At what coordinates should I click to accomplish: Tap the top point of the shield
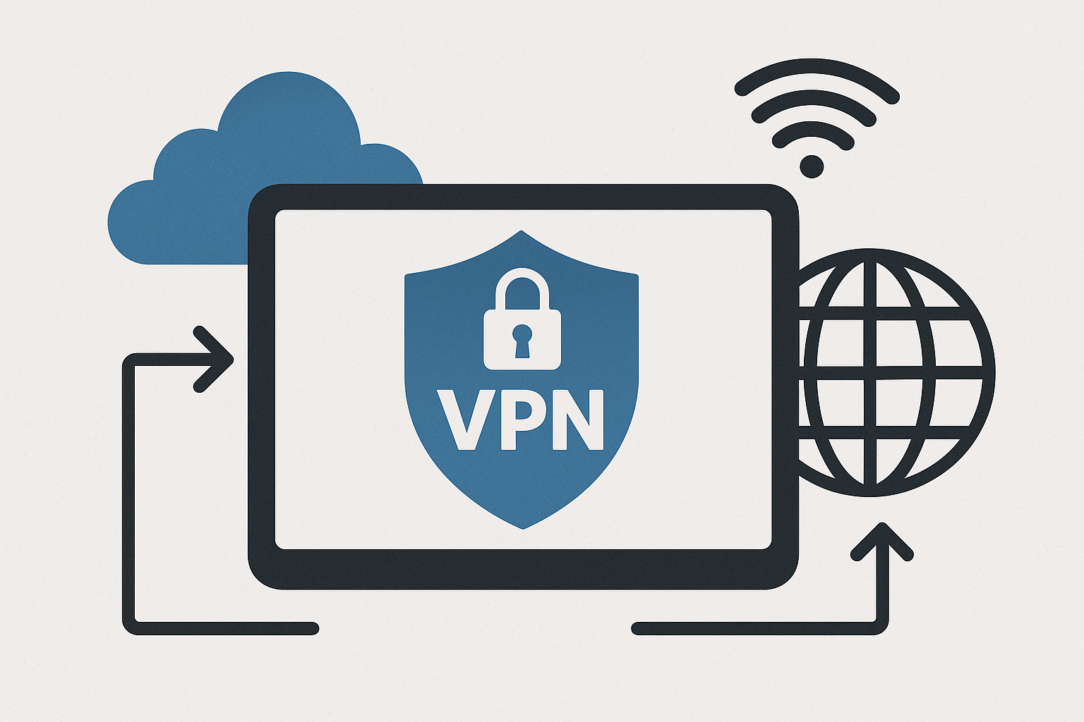521,233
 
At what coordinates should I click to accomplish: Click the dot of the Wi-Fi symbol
812,166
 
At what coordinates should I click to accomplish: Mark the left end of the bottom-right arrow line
638,628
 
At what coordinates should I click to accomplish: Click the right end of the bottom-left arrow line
313,628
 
